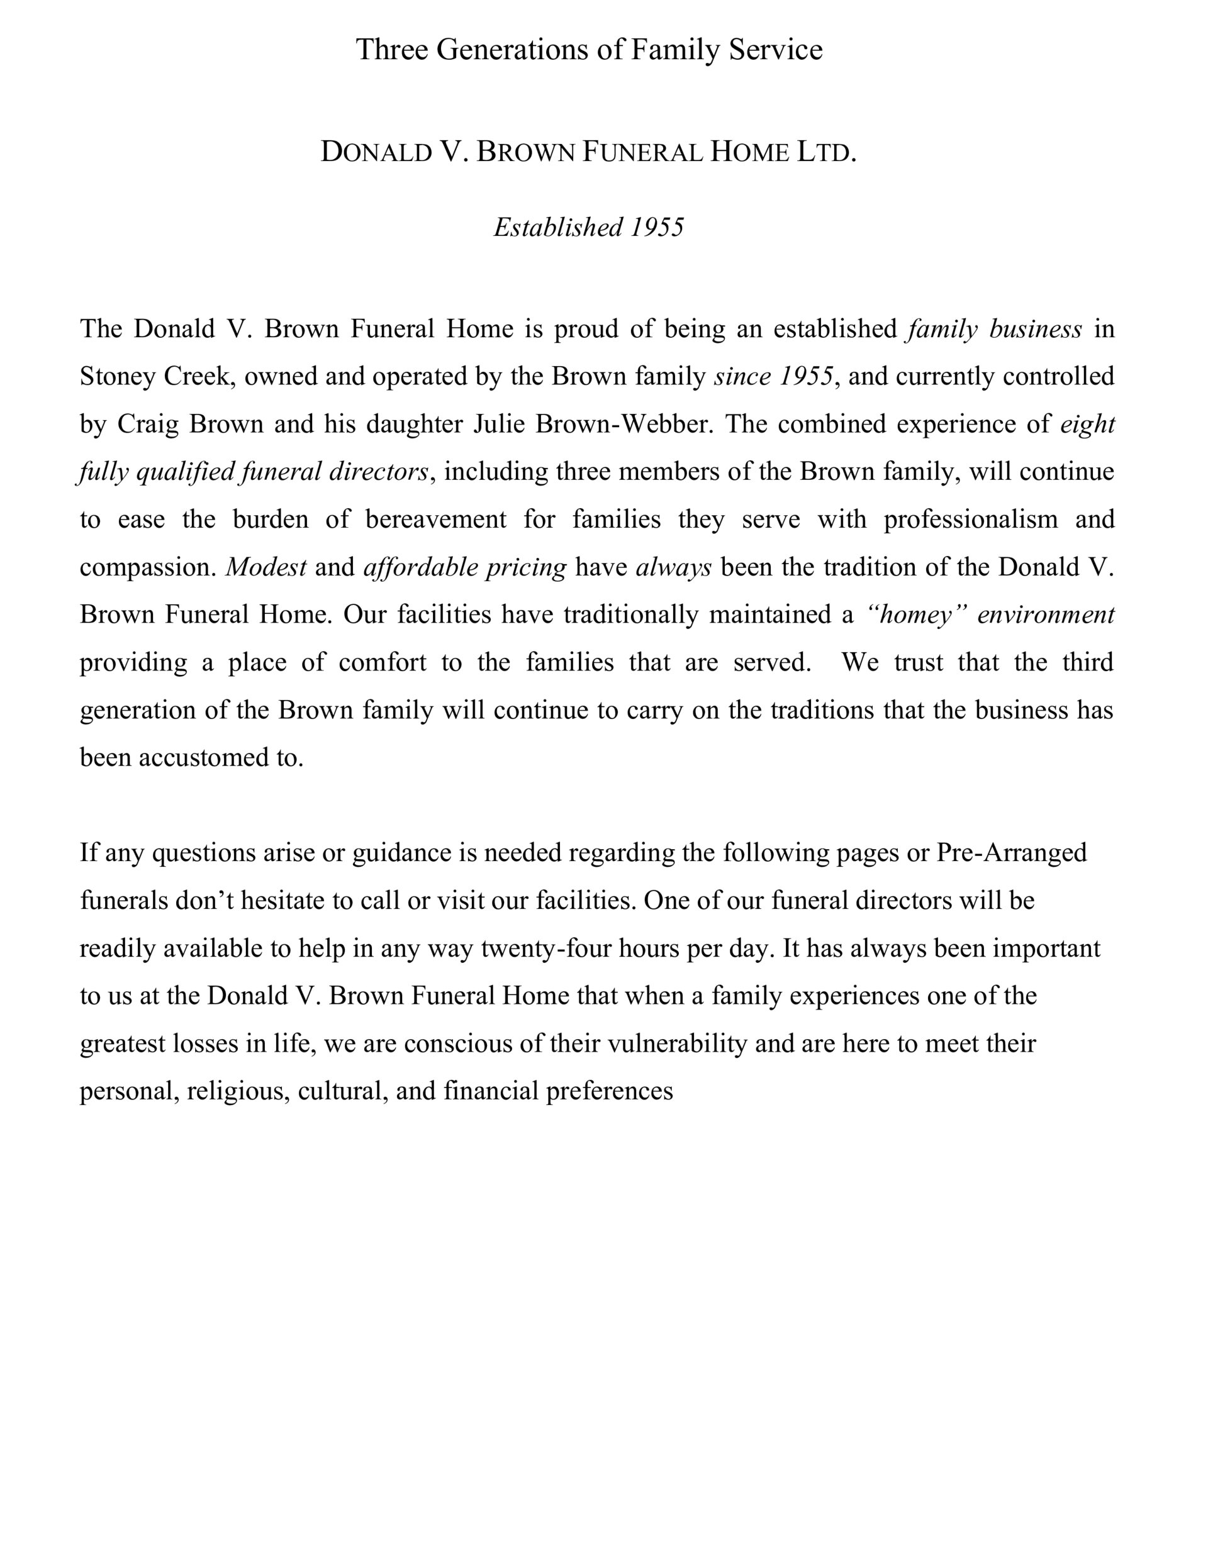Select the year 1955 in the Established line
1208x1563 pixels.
[657, 228]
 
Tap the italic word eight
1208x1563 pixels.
[1087, 425]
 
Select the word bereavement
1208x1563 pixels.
[435, 520]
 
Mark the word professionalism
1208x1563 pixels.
[970, 520]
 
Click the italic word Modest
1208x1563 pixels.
[266, 567]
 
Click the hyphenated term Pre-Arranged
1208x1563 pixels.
[1011, 853]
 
